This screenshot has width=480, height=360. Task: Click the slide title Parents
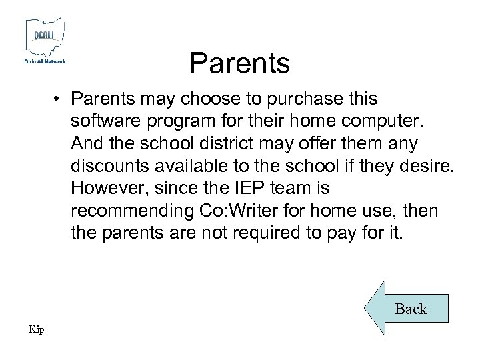tap(239, 63)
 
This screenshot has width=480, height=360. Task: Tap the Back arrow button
tap(407, 308)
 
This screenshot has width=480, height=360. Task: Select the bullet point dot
tap(60, 99)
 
